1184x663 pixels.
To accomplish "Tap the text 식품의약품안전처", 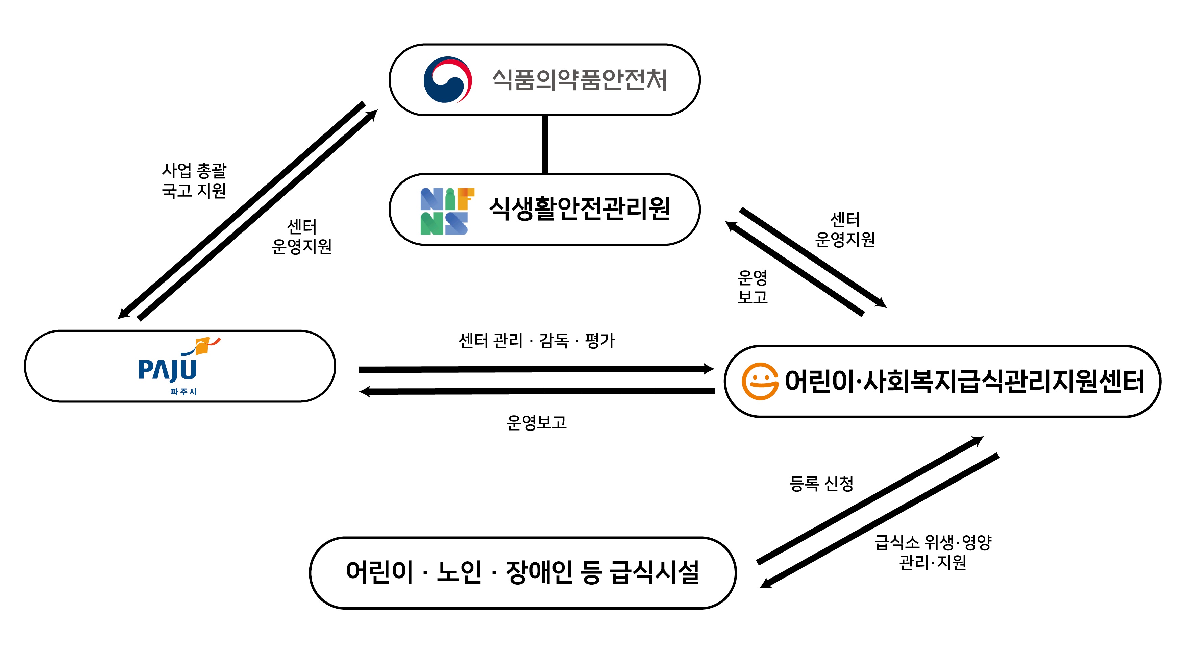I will point(579,79).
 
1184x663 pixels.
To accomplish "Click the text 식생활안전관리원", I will point(579,209).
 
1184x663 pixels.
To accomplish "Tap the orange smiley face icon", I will point(760,381).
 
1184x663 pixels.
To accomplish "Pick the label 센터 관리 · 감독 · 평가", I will point(536,341).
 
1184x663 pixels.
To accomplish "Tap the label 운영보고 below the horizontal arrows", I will point(536,422).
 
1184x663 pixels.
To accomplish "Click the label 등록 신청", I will point(821,483).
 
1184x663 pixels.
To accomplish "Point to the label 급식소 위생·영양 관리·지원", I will point(933,552).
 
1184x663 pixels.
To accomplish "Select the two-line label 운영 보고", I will point(753,287).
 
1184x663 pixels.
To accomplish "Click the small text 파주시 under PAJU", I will point(183,392).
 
